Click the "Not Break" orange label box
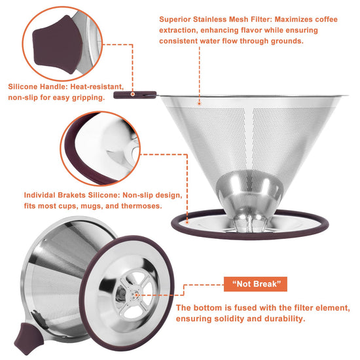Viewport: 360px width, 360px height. [255, 284]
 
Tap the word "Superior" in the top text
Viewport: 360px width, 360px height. [175, 19]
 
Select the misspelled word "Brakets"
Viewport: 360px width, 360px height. [71, 195]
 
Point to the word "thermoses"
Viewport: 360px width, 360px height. [141, 206]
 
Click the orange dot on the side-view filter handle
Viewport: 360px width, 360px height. [132, 94]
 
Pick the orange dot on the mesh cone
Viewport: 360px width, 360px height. [199, 104]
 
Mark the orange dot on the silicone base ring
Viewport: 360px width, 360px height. [187, 223]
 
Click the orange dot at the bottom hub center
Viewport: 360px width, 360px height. [136, 295]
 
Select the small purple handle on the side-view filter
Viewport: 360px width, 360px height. [135, 95]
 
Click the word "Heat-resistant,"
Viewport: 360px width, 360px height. [97, 86]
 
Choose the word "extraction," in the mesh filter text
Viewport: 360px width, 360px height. [179, 30]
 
